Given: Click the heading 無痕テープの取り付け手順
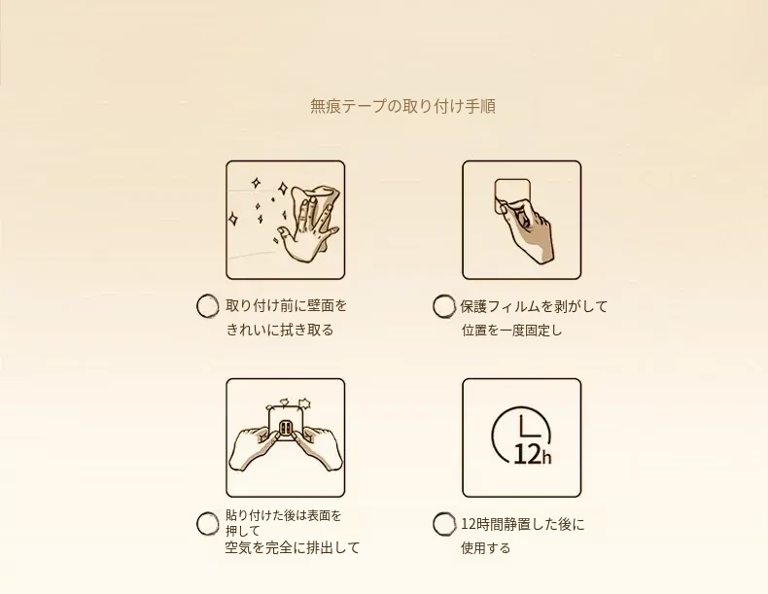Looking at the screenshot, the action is click(x=402, y=106).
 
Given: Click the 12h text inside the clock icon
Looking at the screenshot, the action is click(x=533, y=455).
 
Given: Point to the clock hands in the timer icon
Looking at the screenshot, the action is click(x=527, y=426).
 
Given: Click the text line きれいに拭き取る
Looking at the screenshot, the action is click(x=280, y=331).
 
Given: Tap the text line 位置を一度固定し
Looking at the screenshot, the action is click(x=511, y=331).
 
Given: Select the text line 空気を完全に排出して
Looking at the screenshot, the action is click(x=293, y=547).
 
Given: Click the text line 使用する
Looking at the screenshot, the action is click(x=486, y=548).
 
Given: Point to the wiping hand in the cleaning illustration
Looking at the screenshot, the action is click(x=307, y=230).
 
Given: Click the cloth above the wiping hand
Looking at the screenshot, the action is click(x=316, y=197).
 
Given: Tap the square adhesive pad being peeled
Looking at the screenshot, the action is click(x=512, y=194).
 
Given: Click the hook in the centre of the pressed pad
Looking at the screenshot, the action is click(x=286, y=429).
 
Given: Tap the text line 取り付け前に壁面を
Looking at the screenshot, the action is click(x=287, y=306).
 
